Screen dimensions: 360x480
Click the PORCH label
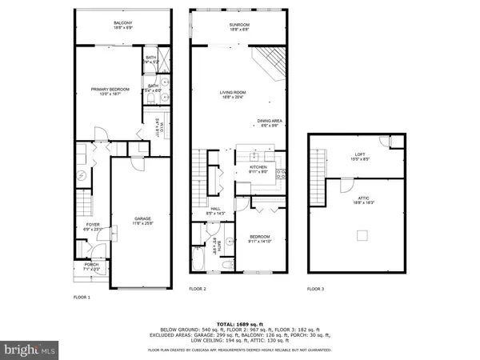(90, 267)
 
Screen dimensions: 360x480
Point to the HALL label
(205, 210)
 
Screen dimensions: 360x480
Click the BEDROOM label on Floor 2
(259, 236)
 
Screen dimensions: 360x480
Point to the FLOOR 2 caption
(198, 288)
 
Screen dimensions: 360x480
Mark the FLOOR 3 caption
(316, 288)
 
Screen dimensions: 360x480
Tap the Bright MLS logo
(30, 349)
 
